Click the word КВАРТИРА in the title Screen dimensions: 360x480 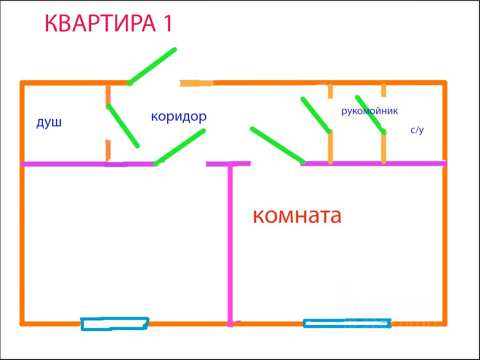[101, 23]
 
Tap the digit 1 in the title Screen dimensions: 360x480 [168, 23]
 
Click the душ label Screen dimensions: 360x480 [49, 123]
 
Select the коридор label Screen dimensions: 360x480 [179, 117]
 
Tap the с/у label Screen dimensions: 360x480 [417, 130]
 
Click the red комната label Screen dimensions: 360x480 [297, 216]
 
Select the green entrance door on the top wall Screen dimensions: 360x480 [152, 66]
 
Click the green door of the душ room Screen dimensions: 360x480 [123, 126]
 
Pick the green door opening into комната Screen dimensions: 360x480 [277, 145]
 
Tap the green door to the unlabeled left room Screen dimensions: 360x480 [180, 147]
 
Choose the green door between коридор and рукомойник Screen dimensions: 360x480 [315, 115]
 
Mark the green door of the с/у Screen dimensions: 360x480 [371, 114]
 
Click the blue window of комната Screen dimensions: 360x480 [347, 323]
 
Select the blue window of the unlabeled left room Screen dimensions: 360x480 [115, 324]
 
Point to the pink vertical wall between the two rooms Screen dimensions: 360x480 [230, 243]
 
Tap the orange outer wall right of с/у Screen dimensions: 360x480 [445, 122]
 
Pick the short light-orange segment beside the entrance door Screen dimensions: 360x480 [196, 83]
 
